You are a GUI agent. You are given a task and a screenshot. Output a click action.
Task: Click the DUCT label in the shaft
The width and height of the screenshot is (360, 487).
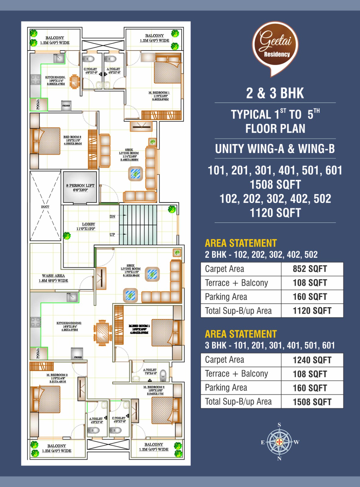coord(45,207)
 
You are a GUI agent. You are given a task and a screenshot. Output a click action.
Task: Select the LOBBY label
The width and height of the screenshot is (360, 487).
coord(88,224)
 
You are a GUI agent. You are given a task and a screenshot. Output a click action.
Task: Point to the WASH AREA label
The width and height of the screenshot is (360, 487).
coord(53,276)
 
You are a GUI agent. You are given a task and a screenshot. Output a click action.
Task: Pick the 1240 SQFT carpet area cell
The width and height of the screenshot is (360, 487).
coord(312,360)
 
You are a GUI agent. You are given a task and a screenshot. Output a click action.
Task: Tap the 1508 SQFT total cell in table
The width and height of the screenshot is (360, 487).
coord(312,402)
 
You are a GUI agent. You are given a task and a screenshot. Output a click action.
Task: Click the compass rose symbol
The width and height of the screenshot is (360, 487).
coord(279,442)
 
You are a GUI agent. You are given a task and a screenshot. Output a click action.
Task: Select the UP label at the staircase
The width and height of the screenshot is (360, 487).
coord(112,235)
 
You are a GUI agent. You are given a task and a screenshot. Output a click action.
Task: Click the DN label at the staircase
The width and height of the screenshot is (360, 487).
coord(112,217)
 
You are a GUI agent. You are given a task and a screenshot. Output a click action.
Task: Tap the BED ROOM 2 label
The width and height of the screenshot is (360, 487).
coord(72,137)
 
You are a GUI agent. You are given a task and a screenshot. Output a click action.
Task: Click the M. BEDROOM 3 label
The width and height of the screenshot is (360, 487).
coord(57,375)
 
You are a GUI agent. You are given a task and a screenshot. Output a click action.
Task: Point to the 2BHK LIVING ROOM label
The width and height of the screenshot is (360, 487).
coord(129,153)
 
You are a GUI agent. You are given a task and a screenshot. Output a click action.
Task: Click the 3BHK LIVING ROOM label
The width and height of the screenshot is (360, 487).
coord(131,269)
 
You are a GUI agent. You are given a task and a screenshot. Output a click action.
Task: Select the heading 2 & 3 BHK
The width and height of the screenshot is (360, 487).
coord(275,93)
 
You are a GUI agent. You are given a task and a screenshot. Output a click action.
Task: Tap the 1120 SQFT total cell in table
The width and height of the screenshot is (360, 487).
coord(312,311)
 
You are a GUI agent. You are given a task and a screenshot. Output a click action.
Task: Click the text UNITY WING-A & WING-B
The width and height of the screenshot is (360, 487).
coord(275,149)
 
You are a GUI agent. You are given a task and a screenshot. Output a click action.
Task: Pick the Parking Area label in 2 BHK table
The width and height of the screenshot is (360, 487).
coord(226,297)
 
